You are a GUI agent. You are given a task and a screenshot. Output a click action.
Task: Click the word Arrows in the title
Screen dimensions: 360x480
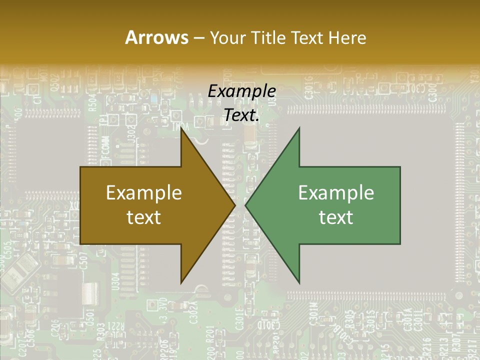(156, 37)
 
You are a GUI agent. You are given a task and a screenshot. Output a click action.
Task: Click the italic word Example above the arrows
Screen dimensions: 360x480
(241, 91)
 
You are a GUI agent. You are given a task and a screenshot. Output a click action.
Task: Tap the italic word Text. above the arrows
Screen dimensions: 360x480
(241, 115)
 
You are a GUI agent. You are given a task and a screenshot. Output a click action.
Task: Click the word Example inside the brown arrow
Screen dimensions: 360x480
(144, 193)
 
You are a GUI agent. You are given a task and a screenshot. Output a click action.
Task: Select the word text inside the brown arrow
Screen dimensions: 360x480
(144, 217)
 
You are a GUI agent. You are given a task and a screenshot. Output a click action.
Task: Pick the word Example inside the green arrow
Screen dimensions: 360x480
(336, 193)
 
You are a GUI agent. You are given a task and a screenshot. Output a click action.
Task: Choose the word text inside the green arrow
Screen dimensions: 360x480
(336, 217)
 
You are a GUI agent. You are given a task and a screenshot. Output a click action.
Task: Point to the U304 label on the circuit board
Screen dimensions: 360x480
(116, 281)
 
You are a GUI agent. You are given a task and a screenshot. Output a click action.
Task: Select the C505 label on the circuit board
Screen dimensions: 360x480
(7, 248)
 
